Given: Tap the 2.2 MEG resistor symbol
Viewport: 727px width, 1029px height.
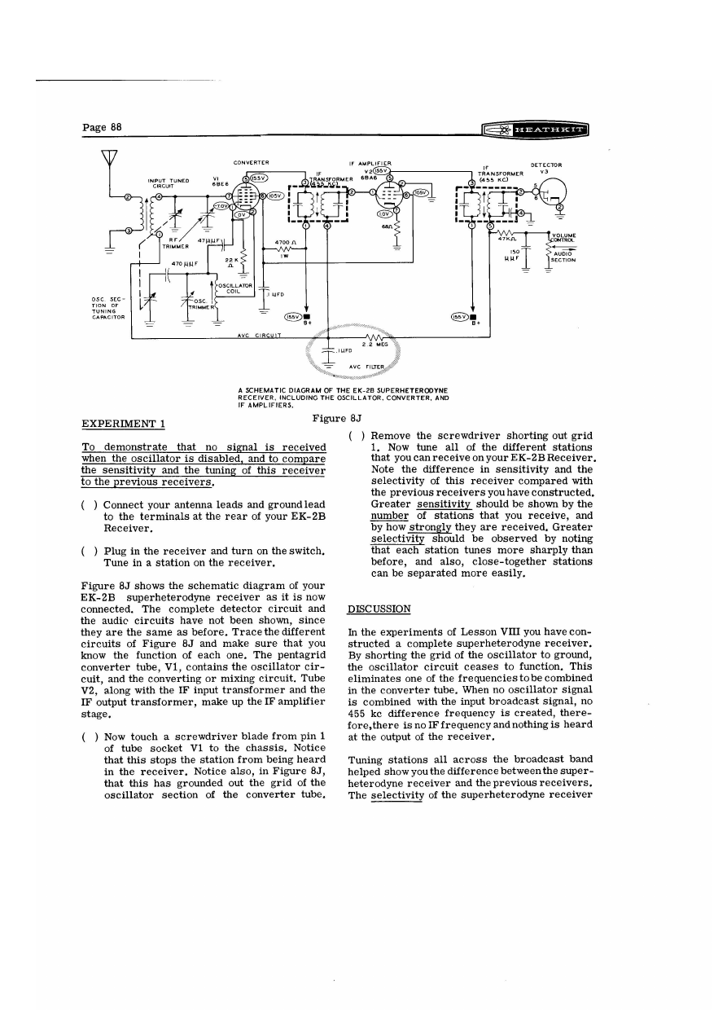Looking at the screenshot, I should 375,339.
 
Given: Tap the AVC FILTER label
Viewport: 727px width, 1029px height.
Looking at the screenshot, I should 366,367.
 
